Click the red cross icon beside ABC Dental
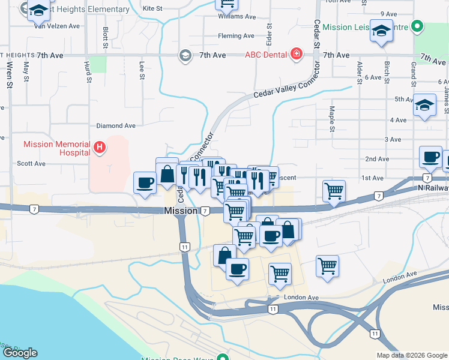(296, 55)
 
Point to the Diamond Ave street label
(116, 126)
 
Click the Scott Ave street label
(31, 163)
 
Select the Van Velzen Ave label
(57, 26)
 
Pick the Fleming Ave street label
(236, 36)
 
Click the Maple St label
(331, 119)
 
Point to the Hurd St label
(88, 71)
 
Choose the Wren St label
(10, 75)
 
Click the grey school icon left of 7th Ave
(185, 55)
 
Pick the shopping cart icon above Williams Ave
(227, 5)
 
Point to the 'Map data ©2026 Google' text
(412, 355)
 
